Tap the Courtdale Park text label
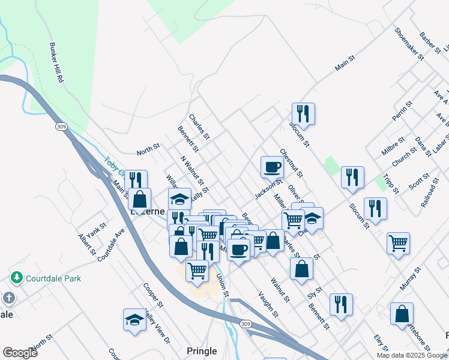pyautogui.click(x=51, y=278)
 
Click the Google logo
pyautogui.click(x=20, y=353)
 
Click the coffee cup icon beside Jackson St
pyautogui.click(x=271, y=166)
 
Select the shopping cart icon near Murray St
pyautogui.click(x=398, y=243)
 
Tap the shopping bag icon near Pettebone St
pyautogui.click(x=402, y=313)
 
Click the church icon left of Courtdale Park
pyautogui.click(x=8, y=298)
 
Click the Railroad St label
pyautogui.click(x=430, y=191)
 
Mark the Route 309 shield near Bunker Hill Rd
pyautogui.click(x=61, y=127)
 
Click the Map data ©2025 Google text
pyautogui.click(x=411, y=355)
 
